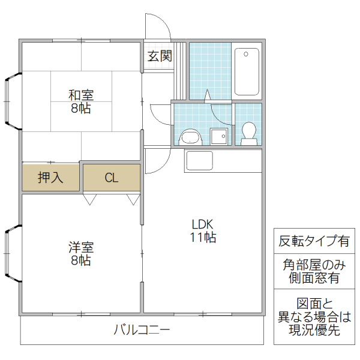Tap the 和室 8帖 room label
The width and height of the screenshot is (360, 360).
80,101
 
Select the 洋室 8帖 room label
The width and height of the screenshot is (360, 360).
80,253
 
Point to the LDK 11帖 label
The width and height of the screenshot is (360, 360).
203,230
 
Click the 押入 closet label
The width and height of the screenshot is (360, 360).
50,178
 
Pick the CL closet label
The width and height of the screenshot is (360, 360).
111,178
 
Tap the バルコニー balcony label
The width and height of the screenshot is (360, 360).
142,330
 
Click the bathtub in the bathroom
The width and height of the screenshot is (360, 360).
247,71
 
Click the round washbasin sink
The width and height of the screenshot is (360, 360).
191,137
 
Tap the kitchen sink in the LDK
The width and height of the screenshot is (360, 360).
199,161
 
